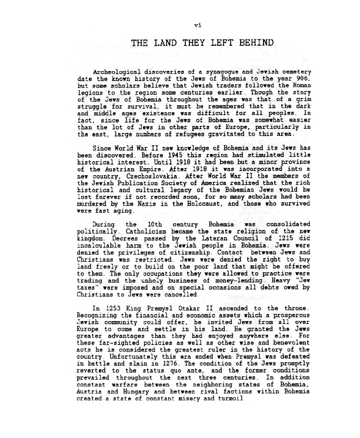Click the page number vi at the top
coord(181,24)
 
